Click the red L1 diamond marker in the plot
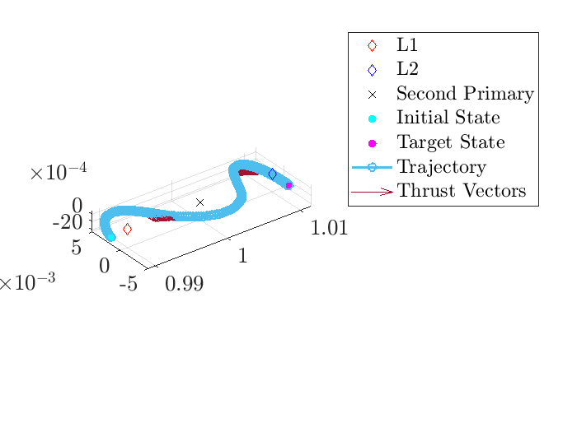(x=127, y=230)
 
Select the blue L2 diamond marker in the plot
(x=272, y=174)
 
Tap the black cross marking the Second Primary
(x=199, y=202)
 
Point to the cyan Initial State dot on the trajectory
(x=111, y=237)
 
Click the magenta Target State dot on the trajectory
(x=288, y=185)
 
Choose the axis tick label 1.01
(x=329, y=228)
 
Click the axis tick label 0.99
(x=184, y=284)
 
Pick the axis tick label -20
(x=68, y=222)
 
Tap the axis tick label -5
(x=128, y=285)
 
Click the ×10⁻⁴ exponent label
(x=58, y=174)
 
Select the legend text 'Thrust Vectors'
(x=461, y=192)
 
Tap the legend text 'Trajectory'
(x=441, y=167)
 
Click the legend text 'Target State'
(x=450, y=142)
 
